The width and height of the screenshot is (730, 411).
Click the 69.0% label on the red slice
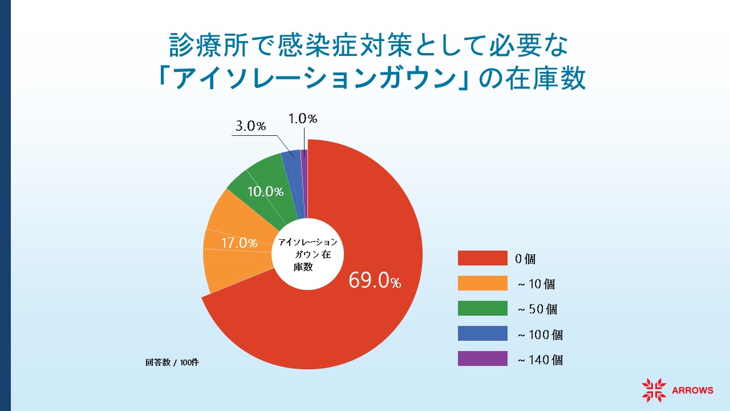375,281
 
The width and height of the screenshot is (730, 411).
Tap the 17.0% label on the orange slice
239,243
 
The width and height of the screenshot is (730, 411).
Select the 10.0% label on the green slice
265,192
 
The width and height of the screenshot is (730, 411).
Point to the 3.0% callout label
251,126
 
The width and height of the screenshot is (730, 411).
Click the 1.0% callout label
302,119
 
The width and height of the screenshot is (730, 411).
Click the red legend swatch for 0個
482,258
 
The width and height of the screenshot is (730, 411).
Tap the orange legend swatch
482,283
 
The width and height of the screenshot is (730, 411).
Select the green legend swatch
482,308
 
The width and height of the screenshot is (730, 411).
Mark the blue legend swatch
482,333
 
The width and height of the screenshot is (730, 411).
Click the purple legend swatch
482,358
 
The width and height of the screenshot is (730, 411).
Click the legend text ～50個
537,309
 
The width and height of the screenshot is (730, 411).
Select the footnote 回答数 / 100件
172,362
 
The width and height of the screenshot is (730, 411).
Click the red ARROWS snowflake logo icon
654,390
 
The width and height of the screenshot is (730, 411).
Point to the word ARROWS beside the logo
692,391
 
